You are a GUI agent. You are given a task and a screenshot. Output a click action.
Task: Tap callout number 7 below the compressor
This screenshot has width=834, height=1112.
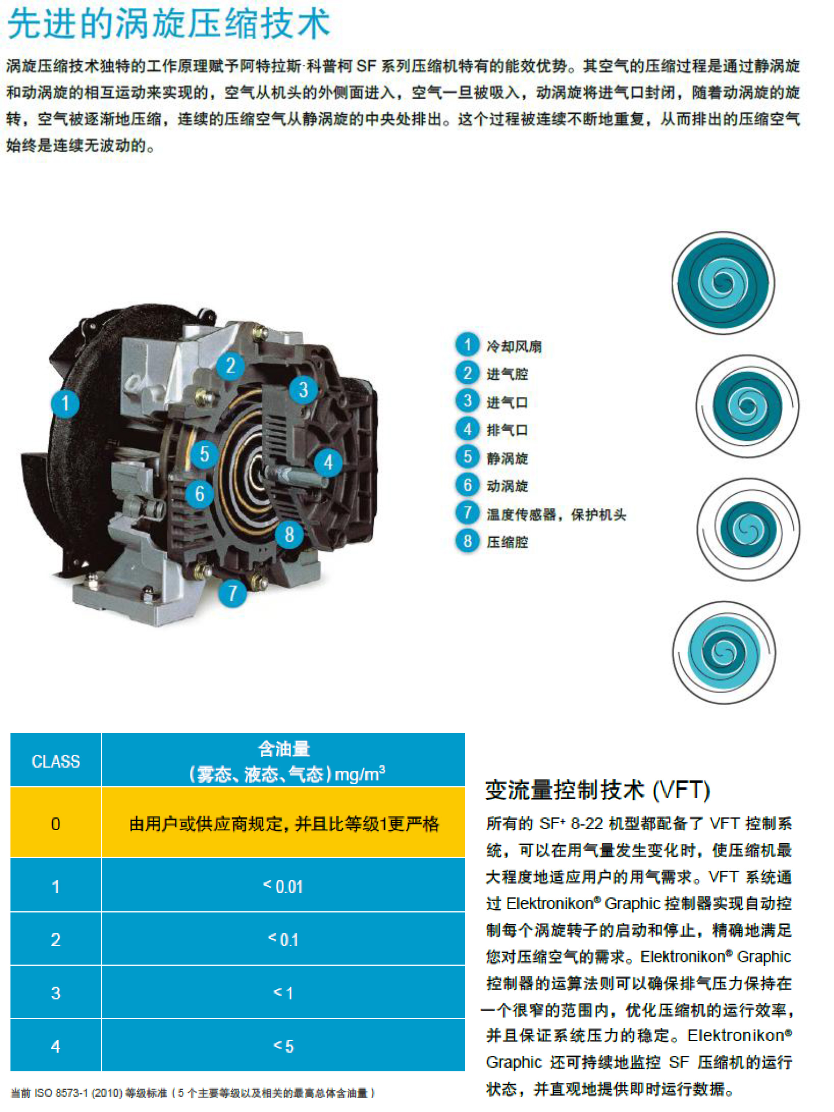coord(232,593)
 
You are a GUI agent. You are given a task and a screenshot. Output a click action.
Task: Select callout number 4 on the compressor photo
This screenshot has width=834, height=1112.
coord(328,463)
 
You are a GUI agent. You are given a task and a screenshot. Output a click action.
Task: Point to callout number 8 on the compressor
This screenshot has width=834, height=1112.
coord(289,534)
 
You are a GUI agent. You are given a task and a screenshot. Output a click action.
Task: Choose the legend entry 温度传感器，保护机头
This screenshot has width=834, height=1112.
coord(556,514)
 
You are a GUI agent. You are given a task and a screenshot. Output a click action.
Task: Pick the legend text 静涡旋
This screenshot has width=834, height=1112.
coord(507,458)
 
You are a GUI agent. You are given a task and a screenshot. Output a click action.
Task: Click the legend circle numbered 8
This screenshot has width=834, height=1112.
coord(467,541)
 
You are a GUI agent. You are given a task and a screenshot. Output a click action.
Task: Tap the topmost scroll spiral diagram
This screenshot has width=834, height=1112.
coord(723,282)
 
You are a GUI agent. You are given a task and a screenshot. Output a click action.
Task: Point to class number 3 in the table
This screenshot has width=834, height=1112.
coord(56,993)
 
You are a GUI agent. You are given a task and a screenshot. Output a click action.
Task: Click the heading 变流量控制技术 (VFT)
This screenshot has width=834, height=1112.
coord(597,790)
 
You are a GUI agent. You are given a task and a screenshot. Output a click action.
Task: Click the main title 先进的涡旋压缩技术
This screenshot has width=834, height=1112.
coord(169,24)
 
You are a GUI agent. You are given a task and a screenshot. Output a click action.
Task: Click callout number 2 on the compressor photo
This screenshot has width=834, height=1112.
coord(230,365)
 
